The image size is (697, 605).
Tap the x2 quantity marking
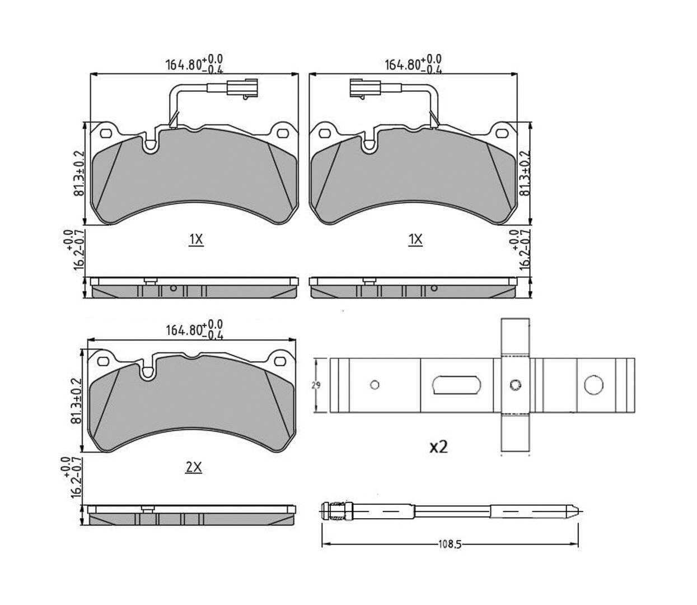point(438,447)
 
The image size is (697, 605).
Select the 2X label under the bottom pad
point(194,468)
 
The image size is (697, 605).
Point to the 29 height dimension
point(316,385)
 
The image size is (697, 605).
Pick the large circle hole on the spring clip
point(593,385)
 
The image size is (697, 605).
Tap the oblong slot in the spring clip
point(456,385)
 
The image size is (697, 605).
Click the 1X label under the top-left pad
point(196,240)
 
